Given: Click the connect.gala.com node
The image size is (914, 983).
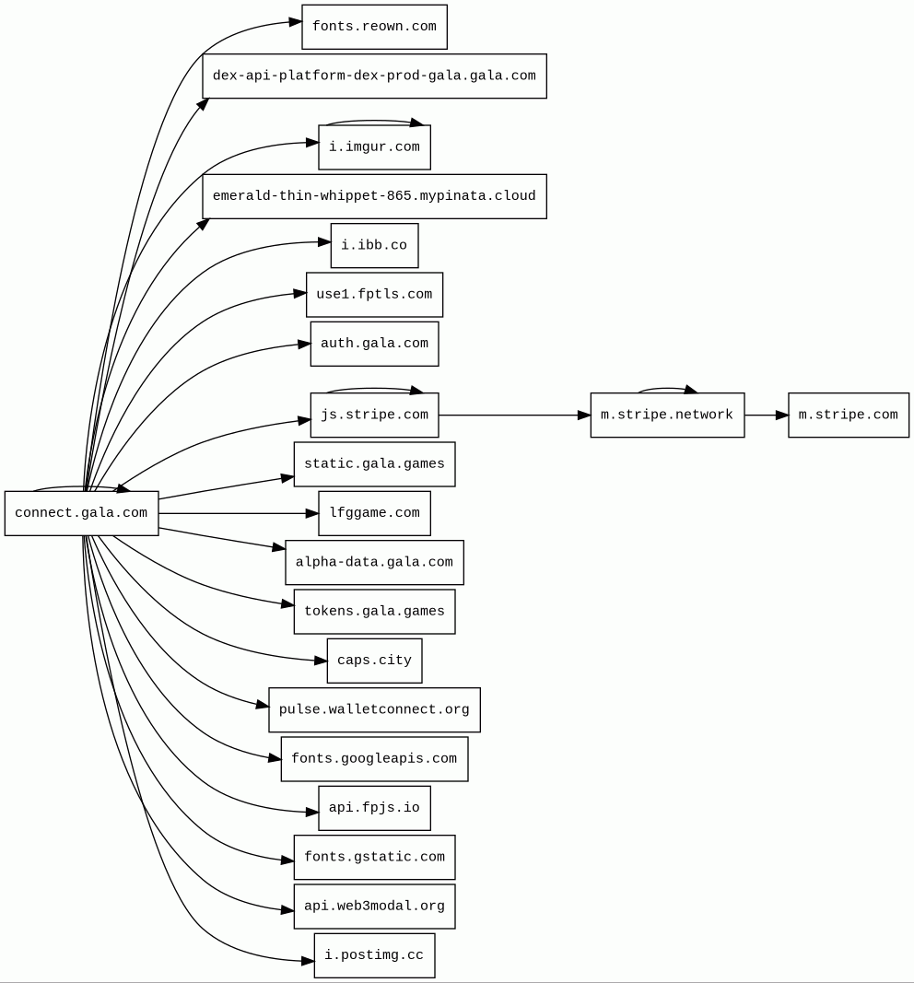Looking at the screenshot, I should [81, 513].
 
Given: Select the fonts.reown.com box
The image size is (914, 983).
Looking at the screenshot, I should [374, 27].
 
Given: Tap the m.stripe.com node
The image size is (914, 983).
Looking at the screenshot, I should [848, 415].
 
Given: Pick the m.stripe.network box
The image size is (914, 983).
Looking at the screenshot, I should [667, 415].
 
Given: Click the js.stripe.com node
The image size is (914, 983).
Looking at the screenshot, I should [374, 415].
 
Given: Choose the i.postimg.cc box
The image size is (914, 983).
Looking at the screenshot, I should [374, 955].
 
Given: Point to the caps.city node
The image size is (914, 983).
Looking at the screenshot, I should [374, 661].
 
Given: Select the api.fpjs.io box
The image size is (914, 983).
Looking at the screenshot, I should [374, 808].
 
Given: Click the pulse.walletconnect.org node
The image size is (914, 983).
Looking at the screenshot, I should [374, 710].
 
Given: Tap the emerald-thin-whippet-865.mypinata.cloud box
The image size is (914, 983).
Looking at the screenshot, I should [374, 196].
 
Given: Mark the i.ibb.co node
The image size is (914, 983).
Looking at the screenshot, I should [374, 246].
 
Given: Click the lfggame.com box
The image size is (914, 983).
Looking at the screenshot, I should [374, 513].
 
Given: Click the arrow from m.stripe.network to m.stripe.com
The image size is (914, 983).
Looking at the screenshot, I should [766, 415].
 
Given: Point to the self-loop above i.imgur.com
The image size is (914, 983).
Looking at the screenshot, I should [374, 121].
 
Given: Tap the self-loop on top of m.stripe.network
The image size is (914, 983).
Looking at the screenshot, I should [667, 388].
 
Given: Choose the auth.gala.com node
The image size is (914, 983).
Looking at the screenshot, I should [374, 344].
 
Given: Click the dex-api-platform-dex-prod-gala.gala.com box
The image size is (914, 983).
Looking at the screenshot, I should [374, 76].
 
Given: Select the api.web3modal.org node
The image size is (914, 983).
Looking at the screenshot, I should [374, 907].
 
